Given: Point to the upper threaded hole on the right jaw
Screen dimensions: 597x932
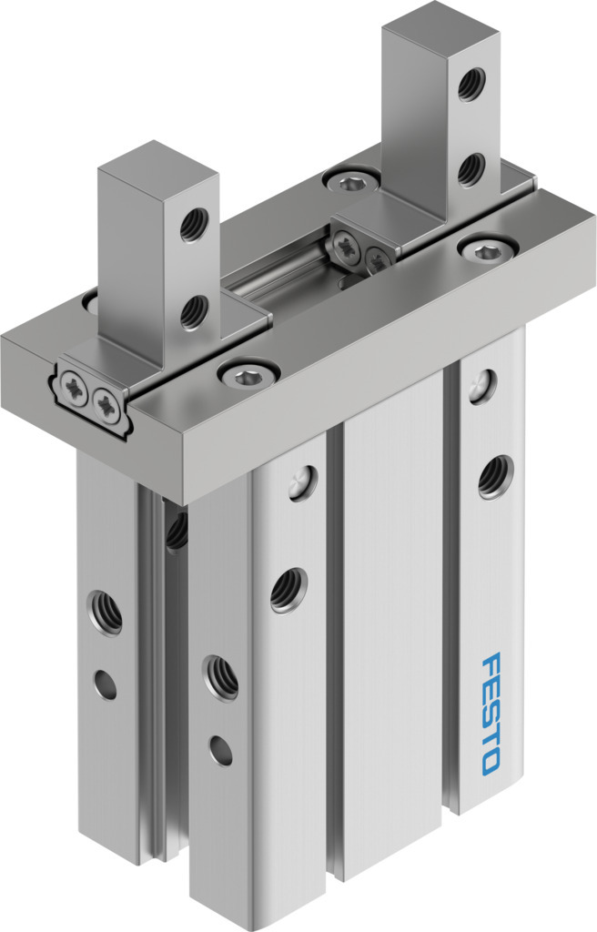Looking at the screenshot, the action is pyautogui.click(x=471, y=85).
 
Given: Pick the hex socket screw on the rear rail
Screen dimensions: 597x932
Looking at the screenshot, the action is pyautogui.click(x=349, y=181).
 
